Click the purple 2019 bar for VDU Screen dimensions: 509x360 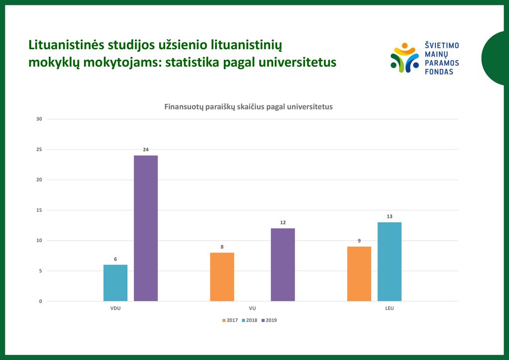pyautogui.click(x=146, y=228)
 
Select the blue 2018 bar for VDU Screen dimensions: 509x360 pyautogui.click(x=115, y=283)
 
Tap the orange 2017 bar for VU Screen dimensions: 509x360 pyautogui.click(x=222, y=277)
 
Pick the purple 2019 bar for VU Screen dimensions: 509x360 pyautogui.click(x=283, y=265)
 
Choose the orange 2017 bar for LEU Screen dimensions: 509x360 pyautogui.click(x=359, y=274)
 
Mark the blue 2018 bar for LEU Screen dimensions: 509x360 pyautogui.click(x=390, y=262)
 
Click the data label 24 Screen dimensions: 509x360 pyautogui.click(x=146, y=150)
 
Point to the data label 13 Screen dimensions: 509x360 pyautogui.click(x=390, y=216)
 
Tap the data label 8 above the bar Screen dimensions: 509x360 pyautogui.click(x=222, y=247)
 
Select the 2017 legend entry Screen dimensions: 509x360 pyautogui.click(x=230, y=320)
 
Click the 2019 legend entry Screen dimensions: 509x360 pyautogui.click(x=269, y=320)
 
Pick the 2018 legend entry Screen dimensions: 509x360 pyautogui.click(x=249, y=320)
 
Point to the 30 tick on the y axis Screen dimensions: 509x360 pyautogui.click(x=39, y=119)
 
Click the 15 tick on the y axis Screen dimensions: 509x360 pyautogui.click(x=39, y=210)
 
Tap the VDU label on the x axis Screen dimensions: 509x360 pyautogui.click(x=115, y=308)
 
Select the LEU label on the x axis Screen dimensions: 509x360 pyautogui.click(x=390, y=308)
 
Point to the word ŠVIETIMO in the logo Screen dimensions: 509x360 pyautogui.click(x=442, y=45)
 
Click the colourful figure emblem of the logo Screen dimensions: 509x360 pyautogui.click(x=405, y=58)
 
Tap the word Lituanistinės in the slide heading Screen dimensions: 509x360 pyautogui.click(x=67, y=45)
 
